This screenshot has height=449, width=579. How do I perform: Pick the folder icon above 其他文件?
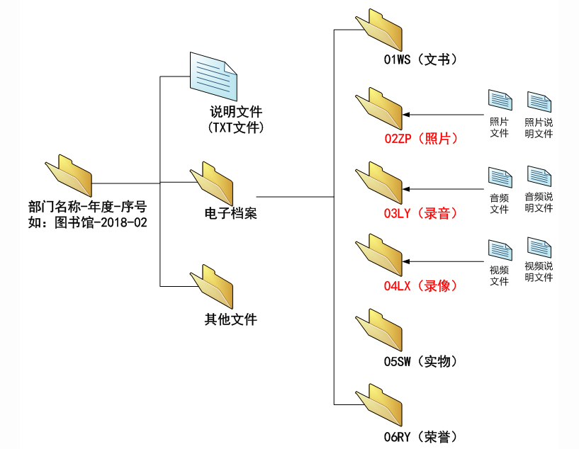tap(213, 286)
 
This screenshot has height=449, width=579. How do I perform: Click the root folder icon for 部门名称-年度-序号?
tap(69, 175)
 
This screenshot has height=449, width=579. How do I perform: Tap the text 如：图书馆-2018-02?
tap(89, 222)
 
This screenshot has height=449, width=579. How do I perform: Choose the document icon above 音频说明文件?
tap(539, 177)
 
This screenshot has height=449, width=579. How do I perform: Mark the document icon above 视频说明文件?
tap(539, 249)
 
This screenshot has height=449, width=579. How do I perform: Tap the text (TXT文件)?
tap(236, 128)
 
